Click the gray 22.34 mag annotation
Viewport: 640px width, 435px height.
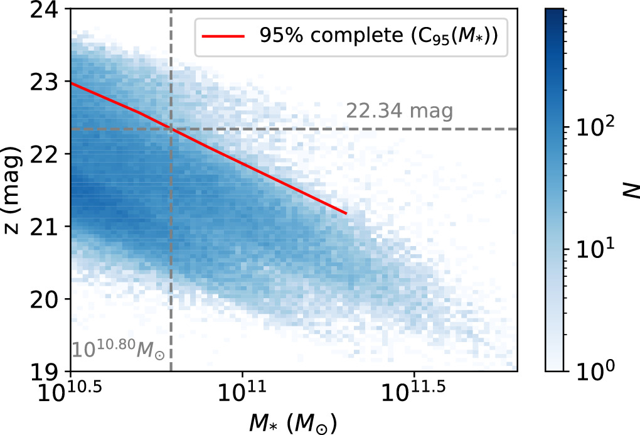coord(399,112)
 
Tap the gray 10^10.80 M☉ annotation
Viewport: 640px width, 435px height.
coord(118,349)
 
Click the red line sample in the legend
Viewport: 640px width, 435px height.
coord(222,36)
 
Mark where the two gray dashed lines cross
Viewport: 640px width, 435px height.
coord(171,129)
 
